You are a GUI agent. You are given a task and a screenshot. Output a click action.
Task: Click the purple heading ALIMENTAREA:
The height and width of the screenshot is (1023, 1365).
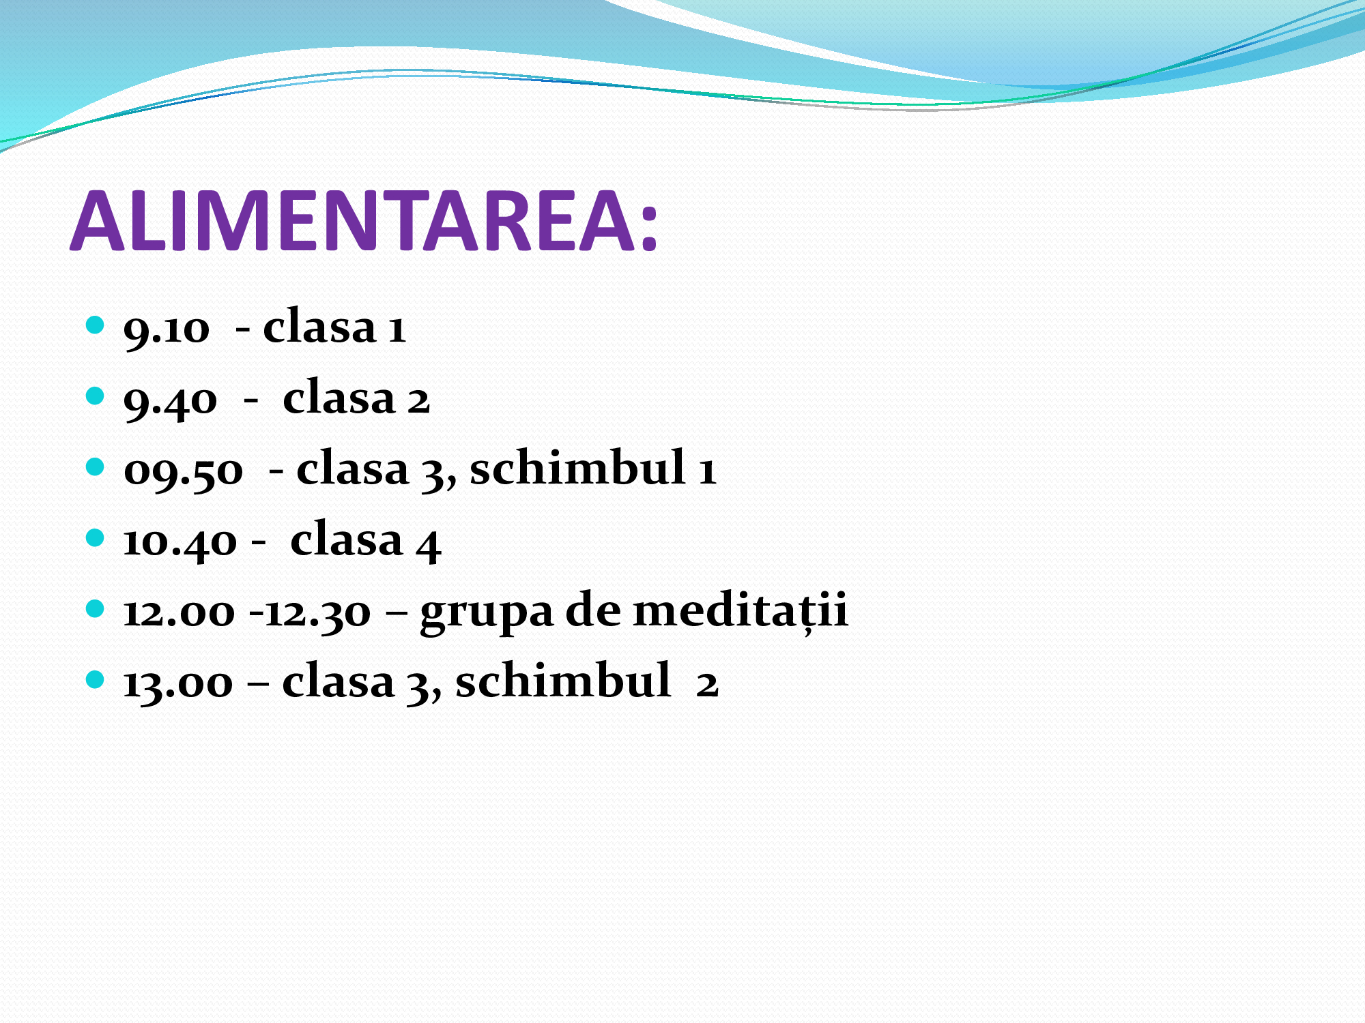[x=364, y=221]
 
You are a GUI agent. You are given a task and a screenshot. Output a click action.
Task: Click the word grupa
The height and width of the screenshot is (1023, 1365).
[x=487, y=612]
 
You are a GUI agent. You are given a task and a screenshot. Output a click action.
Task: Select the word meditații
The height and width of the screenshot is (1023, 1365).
[x=741, y=610]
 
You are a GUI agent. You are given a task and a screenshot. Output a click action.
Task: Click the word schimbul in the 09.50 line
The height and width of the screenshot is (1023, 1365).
[x=577, y=467]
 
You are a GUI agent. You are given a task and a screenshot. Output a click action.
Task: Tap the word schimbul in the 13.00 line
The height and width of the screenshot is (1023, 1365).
[x=563, y=680]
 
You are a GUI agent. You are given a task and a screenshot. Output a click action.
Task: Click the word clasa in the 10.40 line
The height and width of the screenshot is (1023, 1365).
[x=347, y=539]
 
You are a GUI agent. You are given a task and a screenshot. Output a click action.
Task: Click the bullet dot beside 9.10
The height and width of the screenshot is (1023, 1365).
[x=96, y=325]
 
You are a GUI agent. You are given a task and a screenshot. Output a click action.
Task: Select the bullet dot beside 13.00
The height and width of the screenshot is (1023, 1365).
[x=96, y=679]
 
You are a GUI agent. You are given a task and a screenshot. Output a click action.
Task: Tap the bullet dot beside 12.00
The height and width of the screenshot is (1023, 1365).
[x=96, y=608]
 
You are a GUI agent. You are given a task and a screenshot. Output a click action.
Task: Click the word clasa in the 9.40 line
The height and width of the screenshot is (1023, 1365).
[x=339, y=397]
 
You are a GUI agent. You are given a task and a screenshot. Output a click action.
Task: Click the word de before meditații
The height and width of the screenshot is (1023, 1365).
[x=593, y=609]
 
